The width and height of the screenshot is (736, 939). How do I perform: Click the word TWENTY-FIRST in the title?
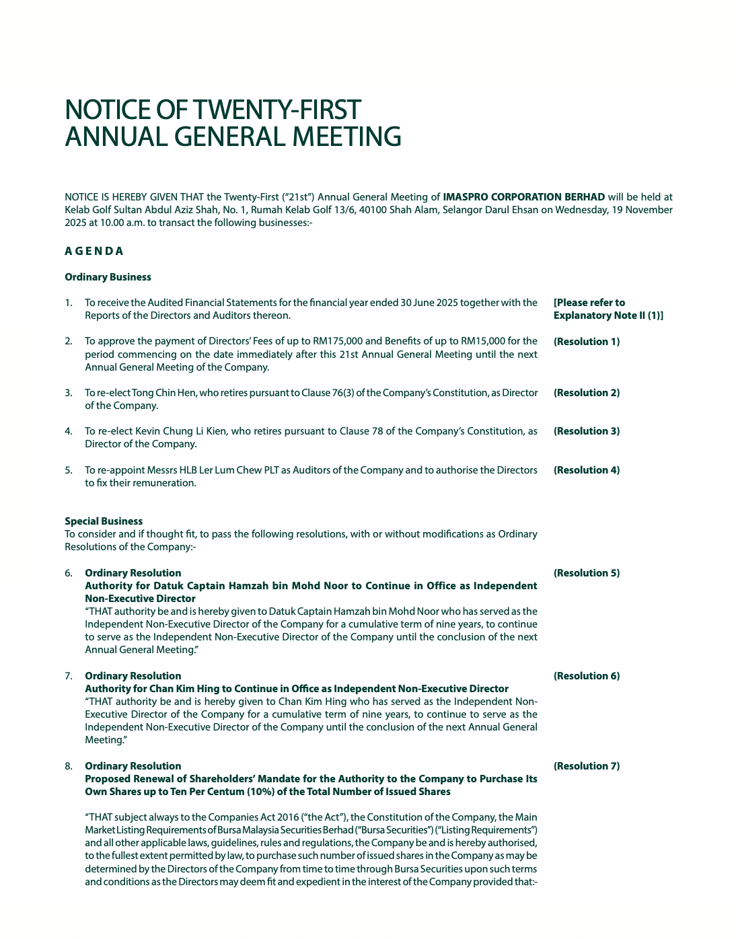pos(277,110)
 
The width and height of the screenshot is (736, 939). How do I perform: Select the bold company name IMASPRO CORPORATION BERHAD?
pos(523,197)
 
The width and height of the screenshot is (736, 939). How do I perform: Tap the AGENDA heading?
pos(94,251)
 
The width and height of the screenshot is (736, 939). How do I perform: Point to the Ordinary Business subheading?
pos(108,277)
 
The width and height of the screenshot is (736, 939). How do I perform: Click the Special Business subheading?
pos(104,521)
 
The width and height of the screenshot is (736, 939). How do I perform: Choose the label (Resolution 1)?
pos(586,342)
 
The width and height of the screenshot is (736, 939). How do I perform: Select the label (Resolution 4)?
pos(586,470)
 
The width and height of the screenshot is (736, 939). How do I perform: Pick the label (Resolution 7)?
pos(586,766)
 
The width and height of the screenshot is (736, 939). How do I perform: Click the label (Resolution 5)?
pos(586,573)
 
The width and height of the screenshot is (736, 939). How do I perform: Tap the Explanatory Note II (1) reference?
pos(608,315)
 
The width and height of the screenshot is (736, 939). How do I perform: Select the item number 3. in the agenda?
pos(69,393)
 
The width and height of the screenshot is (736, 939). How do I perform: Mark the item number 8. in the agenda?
pos(69,766)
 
